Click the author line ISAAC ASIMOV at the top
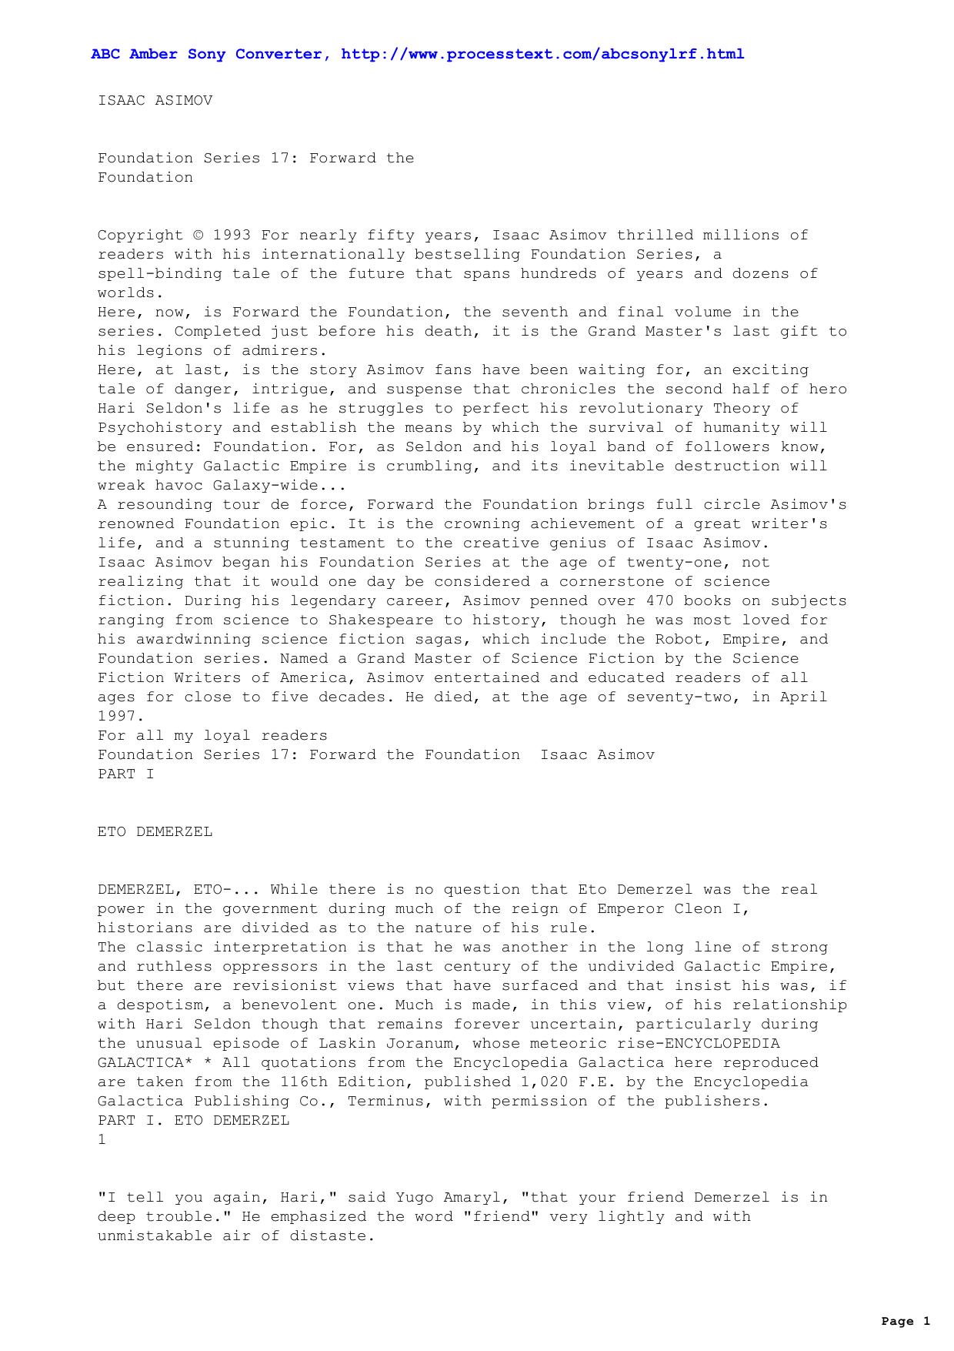(155, 101)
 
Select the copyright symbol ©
(198, 236)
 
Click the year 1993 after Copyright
(232, 236)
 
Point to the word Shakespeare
(386, 620)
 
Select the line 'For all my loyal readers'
(212, 736)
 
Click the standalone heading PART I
(125, 774)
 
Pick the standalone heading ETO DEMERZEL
(155, 832)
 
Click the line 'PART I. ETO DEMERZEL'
(193, 1121)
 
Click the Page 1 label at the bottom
(906, 1322)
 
